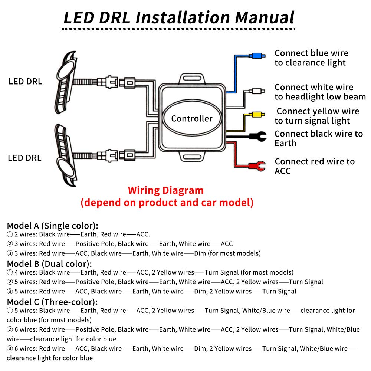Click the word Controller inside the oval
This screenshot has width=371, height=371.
pos(192,118)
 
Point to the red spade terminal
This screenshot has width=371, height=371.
pos(257,166)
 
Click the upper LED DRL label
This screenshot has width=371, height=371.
pos(25,81)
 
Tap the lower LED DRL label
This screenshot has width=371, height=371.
pos(24,158)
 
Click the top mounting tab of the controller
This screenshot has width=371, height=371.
pos(192,79)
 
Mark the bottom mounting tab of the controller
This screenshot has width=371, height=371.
pos(192,157)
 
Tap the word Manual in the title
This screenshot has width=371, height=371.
pos(264,18)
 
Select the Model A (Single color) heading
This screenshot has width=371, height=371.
pos(53,226)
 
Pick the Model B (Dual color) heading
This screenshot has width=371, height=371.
pos(49,264)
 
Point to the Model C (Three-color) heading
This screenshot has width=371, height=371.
pos(52,302)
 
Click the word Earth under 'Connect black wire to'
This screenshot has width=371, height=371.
pos(285,143)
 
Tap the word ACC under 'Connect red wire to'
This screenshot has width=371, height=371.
pos(282,171)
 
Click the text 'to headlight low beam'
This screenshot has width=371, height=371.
pos(320,97)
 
